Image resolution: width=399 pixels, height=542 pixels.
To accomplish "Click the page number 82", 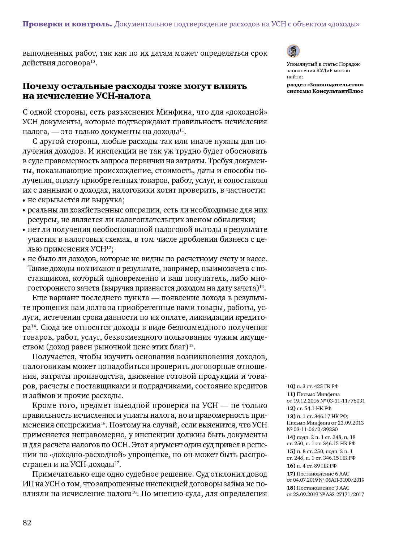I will click(27, 523).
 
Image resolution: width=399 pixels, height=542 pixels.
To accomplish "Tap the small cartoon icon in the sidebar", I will click(293, 51).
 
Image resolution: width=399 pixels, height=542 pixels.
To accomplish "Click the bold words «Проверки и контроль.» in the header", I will click(67, 24).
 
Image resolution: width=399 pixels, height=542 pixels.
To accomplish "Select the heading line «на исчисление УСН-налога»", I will click(87, 96).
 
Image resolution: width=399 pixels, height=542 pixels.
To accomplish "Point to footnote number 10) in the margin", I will click(291, 386).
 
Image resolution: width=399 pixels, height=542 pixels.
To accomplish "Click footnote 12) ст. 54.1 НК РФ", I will click(309, 408).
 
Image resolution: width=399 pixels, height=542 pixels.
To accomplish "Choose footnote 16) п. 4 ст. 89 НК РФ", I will click(312, 466).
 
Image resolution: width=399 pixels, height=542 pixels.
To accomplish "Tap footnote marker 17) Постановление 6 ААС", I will click(291, 474).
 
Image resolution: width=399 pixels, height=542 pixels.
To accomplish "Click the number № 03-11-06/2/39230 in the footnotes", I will click(312, 429).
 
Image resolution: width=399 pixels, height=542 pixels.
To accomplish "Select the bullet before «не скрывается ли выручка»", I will click(24, 201).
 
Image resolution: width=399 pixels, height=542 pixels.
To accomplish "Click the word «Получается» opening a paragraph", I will click(54, 357).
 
